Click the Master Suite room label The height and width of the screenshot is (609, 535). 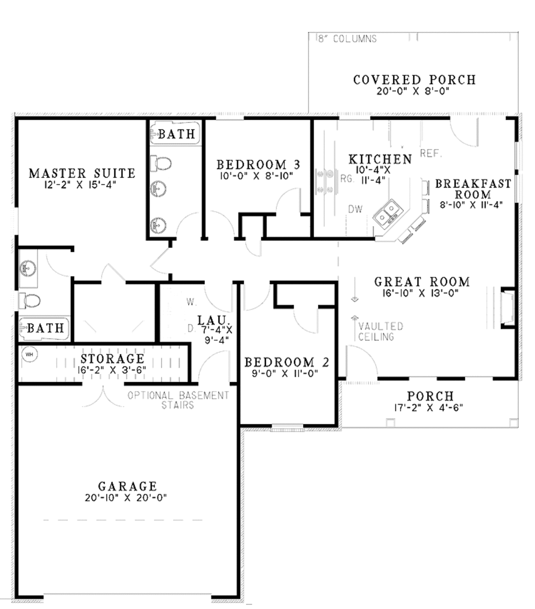(x=82, y=173)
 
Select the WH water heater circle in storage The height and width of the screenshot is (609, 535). (x=30, y=354)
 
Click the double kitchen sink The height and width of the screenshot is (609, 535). (x=388, y=212)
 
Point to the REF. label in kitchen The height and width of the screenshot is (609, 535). (x=431, y=154)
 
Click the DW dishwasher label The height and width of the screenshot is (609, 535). (x=355, y=209)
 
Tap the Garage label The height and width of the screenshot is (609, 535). (x=127, y=487)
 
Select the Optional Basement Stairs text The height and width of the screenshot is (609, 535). (x=178, y=400)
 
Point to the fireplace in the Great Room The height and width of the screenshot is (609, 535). (x=506, y=308)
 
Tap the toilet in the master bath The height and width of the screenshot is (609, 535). (x=31, y=301)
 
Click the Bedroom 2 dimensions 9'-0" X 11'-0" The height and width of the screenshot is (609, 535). (x=286, y=373)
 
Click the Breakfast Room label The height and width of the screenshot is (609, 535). (x=473, y=189)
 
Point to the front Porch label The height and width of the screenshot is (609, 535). (x=430, y=397)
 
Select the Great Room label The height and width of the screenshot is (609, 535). (x=422, y=282)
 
